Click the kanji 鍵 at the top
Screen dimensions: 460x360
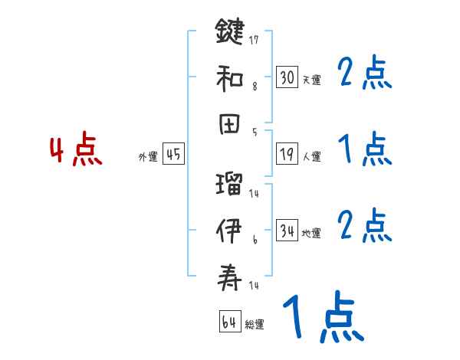(x=230, y=33)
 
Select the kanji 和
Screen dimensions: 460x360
(x=230, y=77)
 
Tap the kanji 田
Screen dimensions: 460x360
(x=230, y=123)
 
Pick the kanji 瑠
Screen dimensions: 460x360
(x=230, y=185)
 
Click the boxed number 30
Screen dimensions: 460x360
(x=287, y=77)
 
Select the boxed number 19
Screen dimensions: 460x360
(x=287, y=154)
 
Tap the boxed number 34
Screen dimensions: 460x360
(x=287, y=230)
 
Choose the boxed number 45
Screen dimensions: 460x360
(x=173, y=154)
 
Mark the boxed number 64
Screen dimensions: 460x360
(x=229, y=322)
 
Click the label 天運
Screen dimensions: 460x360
(x=312, y=80)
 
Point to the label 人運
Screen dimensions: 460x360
(x=312, y=157)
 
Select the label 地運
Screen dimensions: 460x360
(x=312, y=233)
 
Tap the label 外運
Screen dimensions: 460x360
(x=148, y=157)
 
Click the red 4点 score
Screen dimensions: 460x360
(x=76, y=150)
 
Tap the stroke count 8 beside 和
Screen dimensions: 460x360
(x=254, y=87)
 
